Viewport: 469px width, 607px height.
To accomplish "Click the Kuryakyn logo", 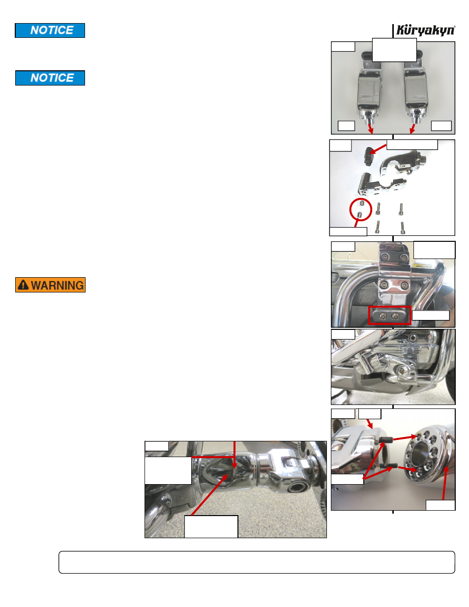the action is pyautogui.click(x=425, y=30).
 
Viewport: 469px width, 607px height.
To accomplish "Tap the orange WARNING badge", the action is pyautogui.click(x=50, y=285).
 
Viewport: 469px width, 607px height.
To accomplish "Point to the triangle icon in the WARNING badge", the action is pyautogui.click(x=23, y=285).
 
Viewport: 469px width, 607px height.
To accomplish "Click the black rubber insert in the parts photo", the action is pyautogui.click(x=368, y=156).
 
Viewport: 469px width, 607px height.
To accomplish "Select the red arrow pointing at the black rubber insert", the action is pyautogui.click(x=378, y=149).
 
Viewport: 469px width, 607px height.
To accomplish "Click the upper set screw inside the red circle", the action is pyautogui.click(x=362, y=203).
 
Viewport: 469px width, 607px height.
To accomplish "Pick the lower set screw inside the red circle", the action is pyautogui.click(x=359, y=215).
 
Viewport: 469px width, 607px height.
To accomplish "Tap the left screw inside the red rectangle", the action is pyautogui.click(x=383, y=317).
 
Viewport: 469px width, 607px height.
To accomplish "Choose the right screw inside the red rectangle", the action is pyautogui.click(x=395, y=317).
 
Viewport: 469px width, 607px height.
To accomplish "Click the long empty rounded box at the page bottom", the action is pyautogui.click(x=257, y=562).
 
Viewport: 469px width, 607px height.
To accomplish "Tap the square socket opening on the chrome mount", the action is pyautogui.click(x=296, y=488).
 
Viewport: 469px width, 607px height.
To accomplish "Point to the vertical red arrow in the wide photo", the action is pyautogui.click(x=234, y=455).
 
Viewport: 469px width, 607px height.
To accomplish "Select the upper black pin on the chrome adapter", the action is pyautogui.click(x=386, y=439).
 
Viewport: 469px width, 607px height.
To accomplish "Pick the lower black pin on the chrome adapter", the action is pyautogui.click(x=389, y=465).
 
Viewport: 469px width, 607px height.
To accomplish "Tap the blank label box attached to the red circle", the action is pyautogui.click(x=348, y=231).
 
